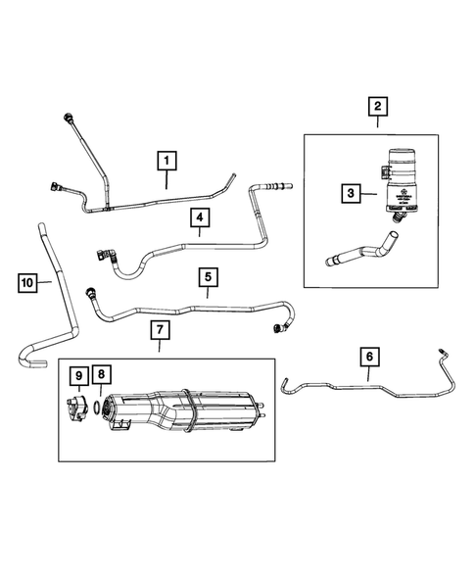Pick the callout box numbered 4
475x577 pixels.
tap(198, 217)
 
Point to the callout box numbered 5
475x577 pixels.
tap(208, 278)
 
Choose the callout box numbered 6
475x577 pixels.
tap(369, 357)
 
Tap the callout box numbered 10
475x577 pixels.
tap(29, 283)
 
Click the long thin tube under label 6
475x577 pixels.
tap(362, 390)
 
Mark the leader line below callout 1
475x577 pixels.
tap(166, 180)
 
